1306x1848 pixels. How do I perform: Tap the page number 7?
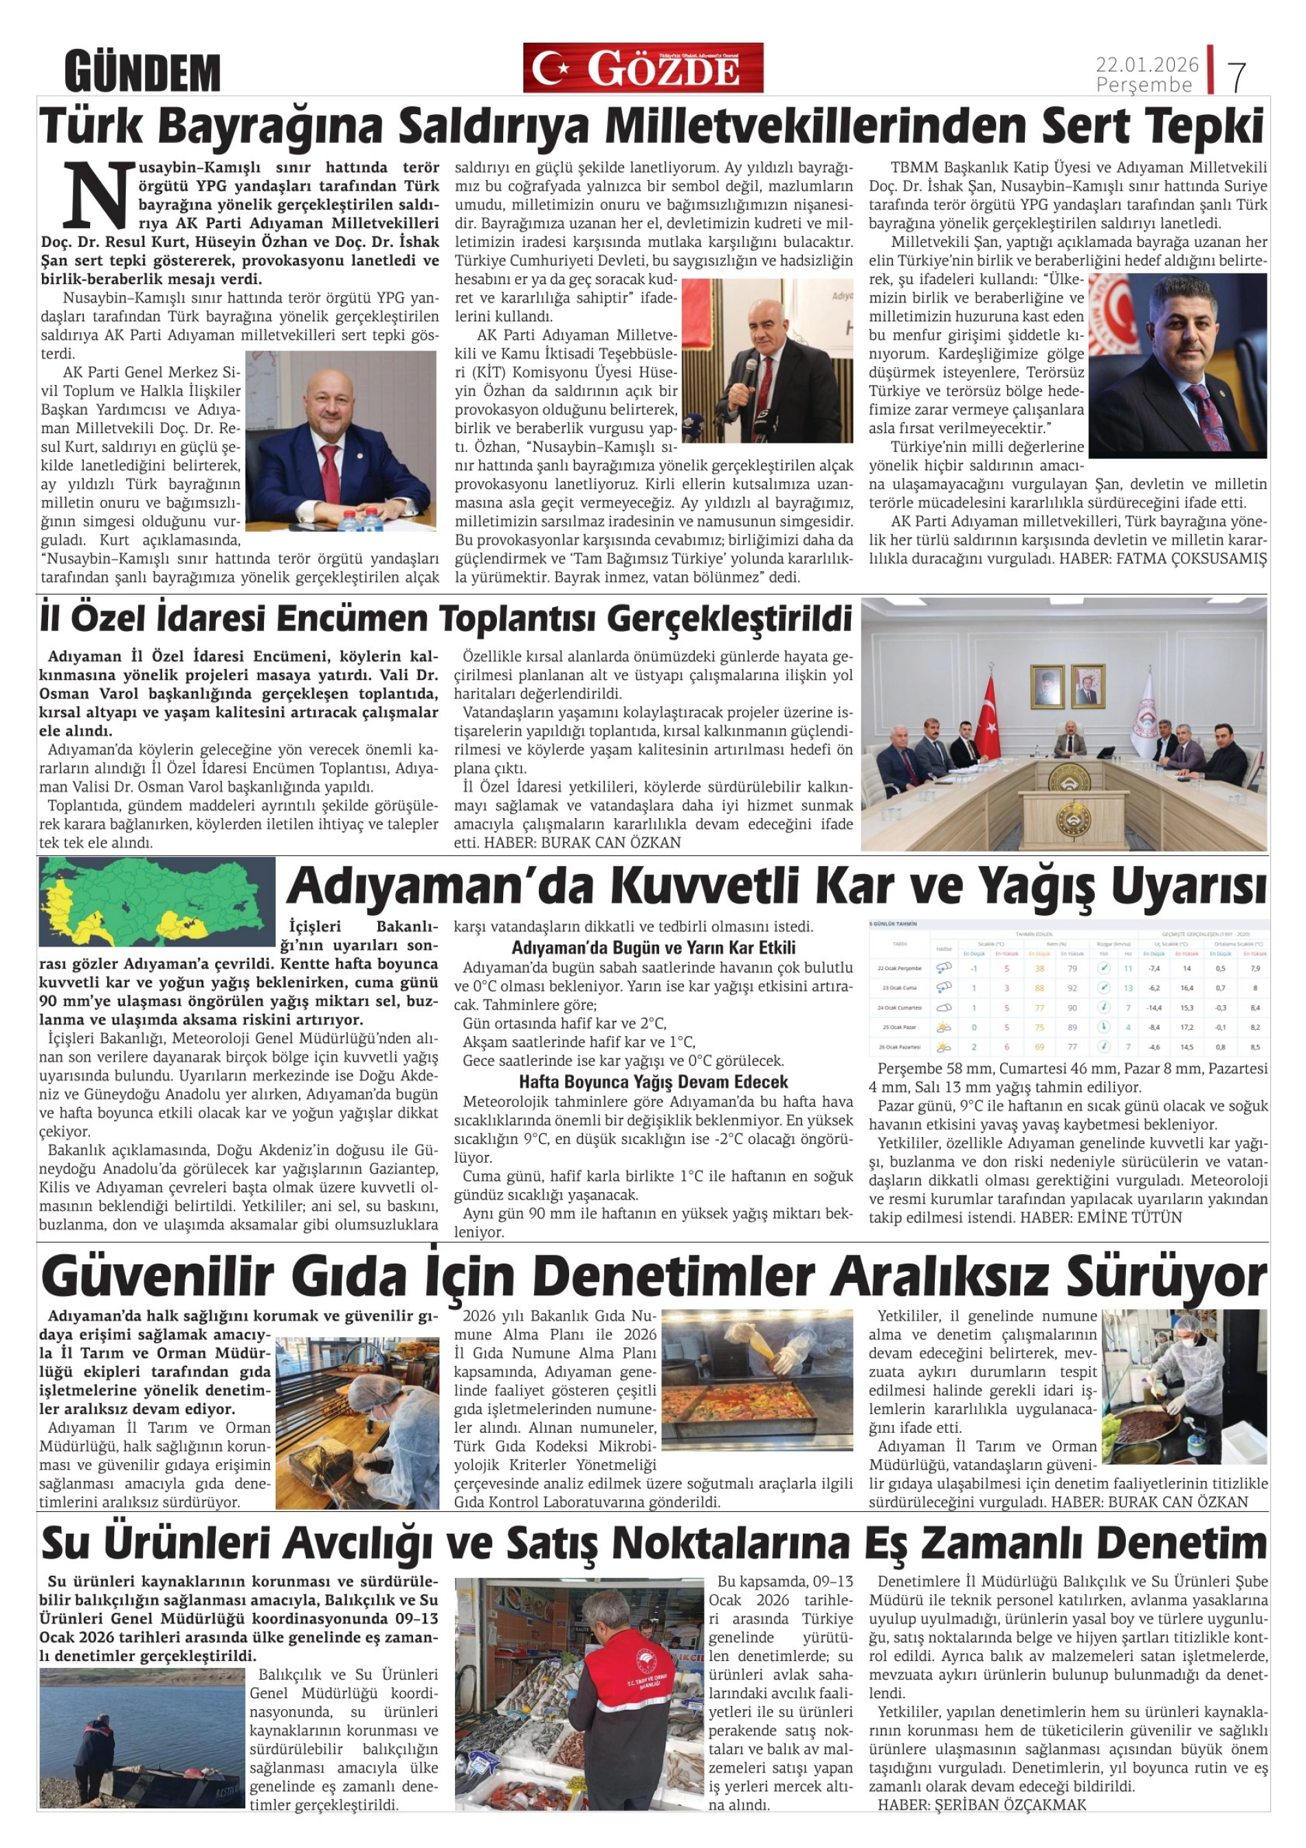[x=1237, y=76]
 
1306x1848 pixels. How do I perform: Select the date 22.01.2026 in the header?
[x=1147, y=63]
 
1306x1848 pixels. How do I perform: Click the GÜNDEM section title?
[x=142, y=71]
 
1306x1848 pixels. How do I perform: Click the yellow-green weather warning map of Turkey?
[x=157, y=901]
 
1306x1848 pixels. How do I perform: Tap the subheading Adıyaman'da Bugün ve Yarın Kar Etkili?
[x=652, y=947]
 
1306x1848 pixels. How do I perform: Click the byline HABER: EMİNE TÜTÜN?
[x=1100, y=1217]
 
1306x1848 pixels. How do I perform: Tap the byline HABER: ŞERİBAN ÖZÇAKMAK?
[x=981, y=1805]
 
